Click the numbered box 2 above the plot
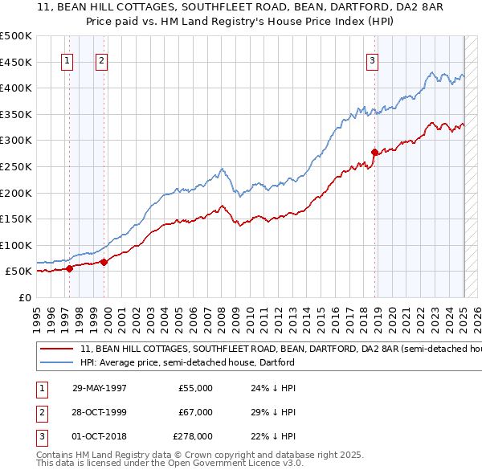(x=102, y=59)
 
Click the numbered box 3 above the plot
(x=373, y=59)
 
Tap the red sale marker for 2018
(x=375, y=152)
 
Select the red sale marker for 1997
(x=70, y=268)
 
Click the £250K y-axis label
(x=16, y=166)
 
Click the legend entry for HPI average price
(x=187, y=362)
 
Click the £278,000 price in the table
(x=193, y=437)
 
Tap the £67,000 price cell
(x=196, y=412)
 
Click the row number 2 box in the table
(x=39, y=412)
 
